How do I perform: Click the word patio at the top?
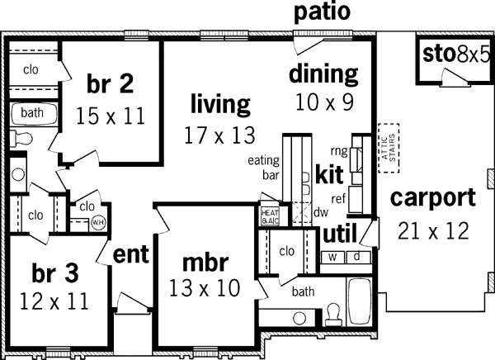point(323,12)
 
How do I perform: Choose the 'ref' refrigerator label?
point(338,198)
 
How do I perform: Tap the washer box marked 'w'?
point(333,256)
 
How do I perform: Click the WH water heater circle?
point(97,222)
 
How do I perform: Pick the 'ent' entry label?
point(130,255)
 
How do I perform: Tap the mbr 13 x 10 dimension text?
point(204,288)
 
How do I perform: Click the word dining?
point(323,74)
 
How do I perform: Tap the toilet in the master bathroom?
point(333,312)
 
